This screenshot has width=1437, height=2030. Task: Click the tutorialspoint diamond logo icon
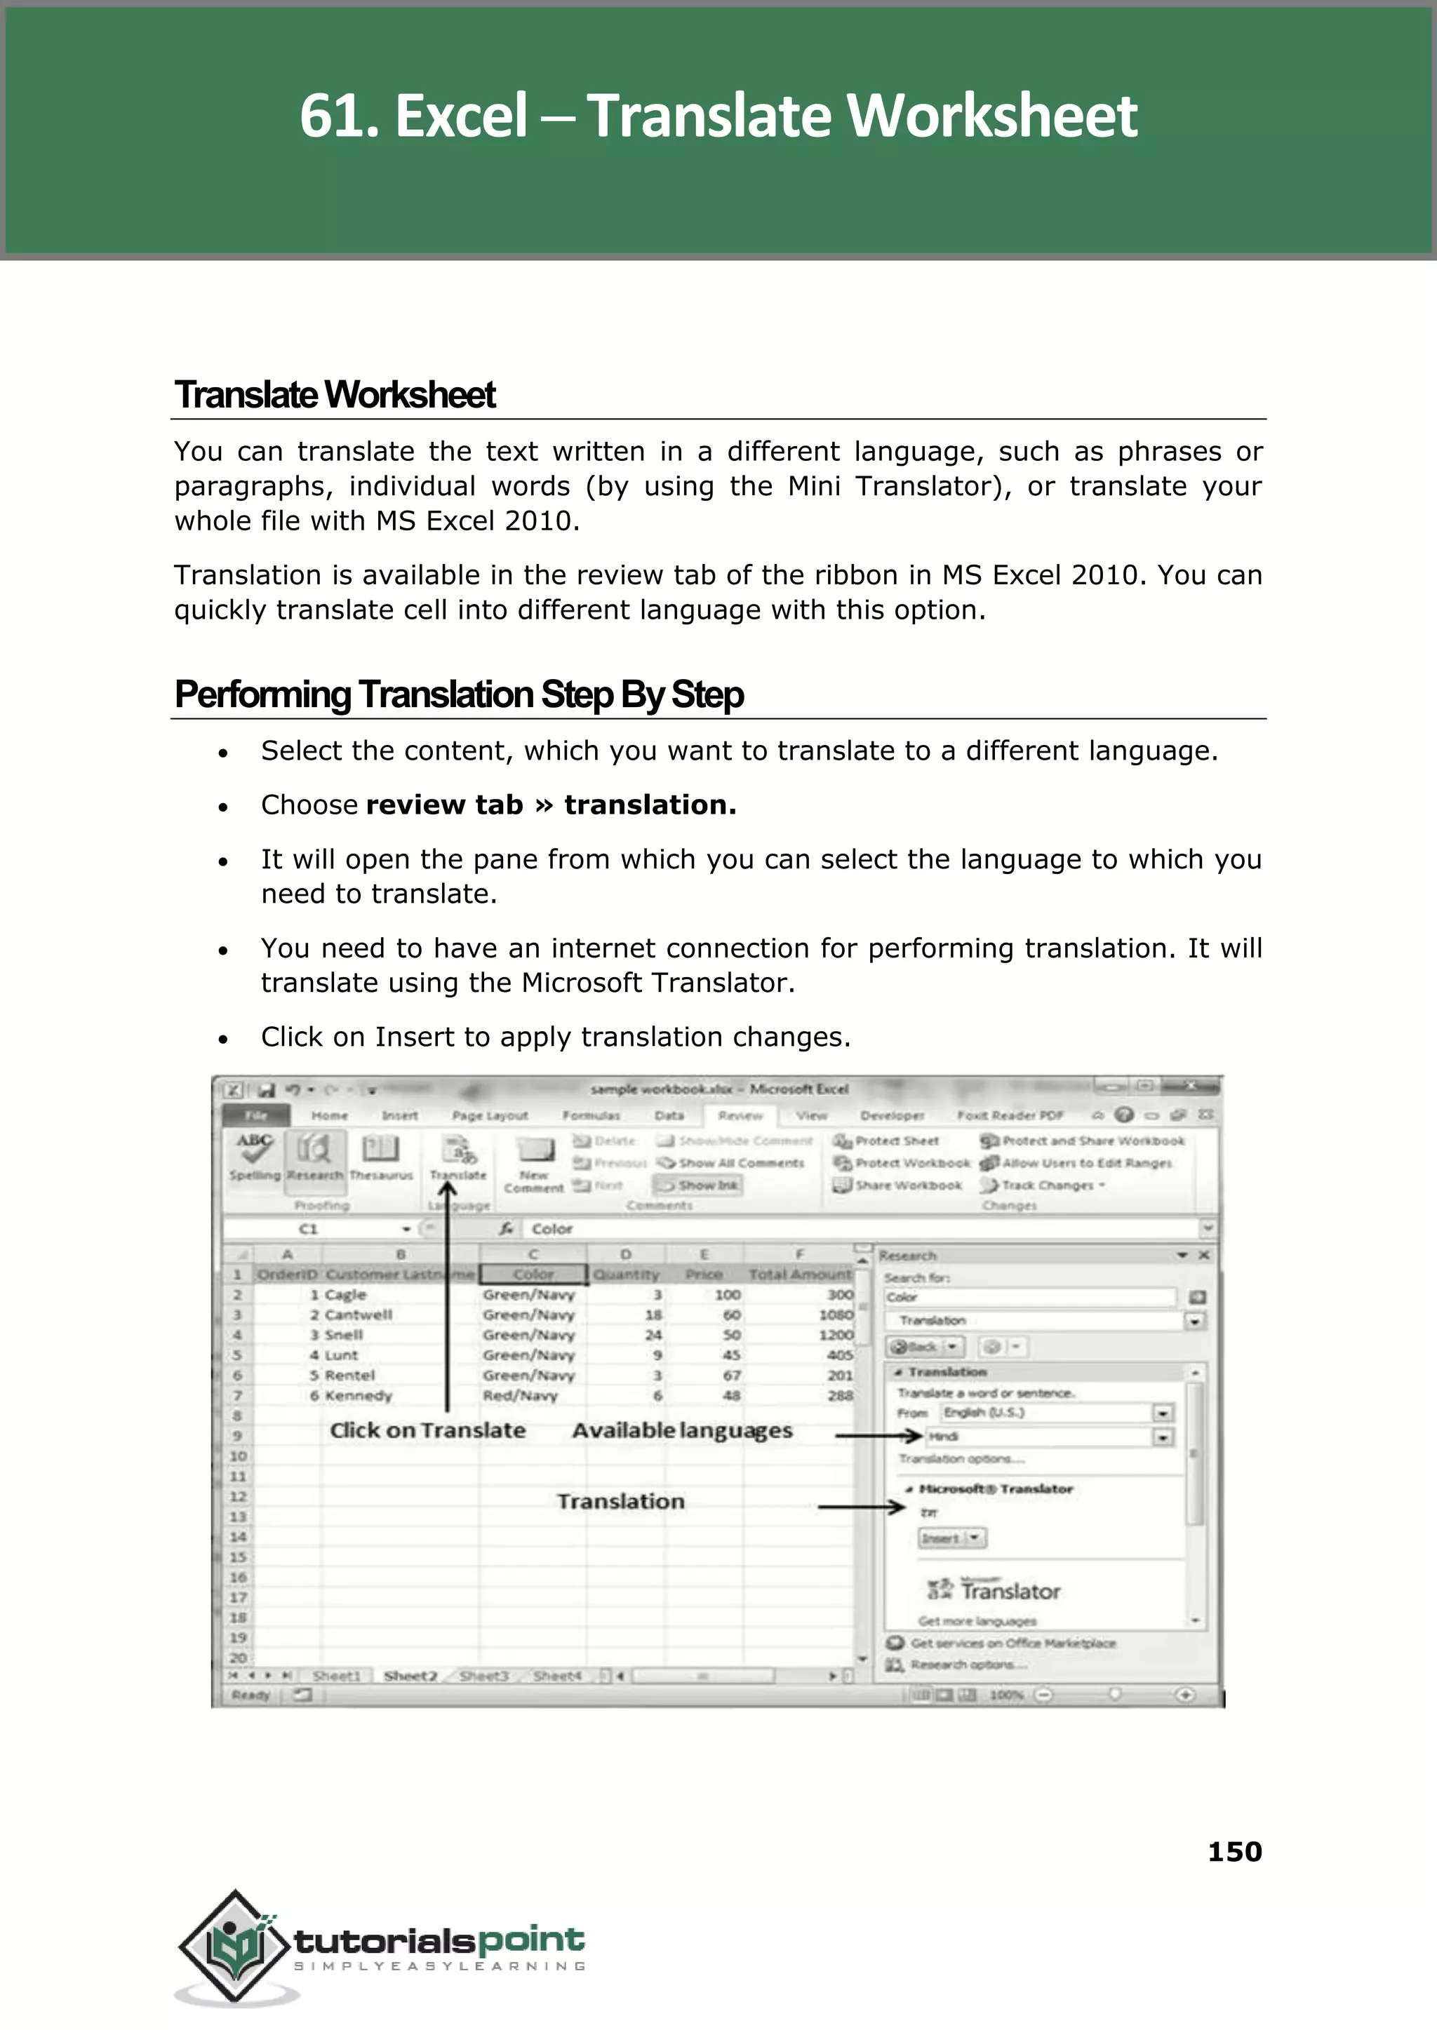pos(234,1946)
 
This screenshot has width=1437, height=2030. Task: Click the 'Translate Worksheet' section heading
pos(335,396)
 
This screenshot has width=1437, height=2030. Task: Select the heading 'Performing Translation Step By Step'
pos(458,694)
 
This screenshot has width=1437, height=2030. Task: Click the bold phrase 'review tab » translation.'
pos(550,805)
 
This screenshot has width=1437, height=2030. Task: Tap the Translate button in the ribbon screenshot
pos(458,1158)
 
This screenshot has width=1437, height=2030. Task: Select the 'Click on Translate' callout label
pos(427,1430)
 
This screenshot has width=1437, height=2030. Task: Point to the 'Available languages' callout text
pos(681,1430)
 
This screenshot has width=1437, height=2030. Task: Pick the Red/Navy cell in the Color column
pos(521,1396)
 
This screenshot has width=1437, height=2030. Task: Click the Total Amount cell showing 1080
pos(835,1315)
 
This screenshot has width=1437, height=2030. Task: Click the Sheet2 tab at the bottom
pos(410,1675)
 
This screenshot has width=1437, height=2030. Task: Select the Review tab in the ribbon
pos(740,1115)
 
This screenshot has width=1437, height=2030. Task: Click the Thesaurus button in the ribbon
pos(380,1156)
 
